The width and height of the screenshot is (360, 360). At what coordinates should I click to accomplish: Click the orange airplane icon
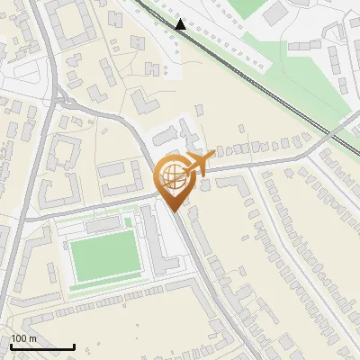[x=197, y=164]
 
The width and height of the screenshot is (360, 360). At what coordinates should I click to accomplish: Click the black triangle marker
[x=182, y=24]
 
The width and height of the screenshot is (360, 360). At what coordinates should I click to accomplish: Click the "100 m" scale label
[x=23, y=338]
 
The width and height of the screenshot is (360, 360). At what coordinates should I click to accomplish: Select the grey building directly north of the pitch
[x=103, y=222]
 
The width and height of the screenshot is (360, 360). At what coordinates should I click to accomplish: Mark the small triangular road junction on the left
[x=62, y=99]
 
